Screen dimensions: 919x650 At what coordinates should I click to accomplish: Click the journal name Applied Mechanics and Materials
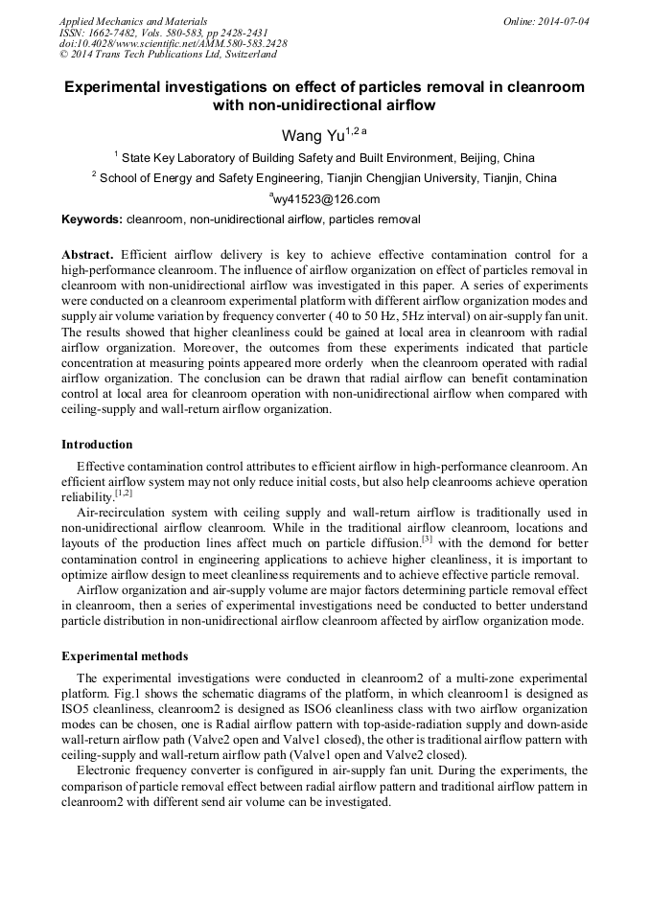coord(133,20)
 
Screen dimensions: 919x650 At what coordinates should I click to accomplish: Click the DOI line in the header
coord(173,43)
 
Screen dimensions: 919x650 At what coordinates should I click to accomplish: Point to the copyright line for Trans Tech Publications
coord(168,55)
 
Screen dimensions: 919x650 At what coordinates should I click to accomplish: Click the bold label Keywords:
coord(92,219)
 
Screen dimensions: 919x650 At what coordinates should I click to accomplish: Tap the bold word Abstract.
coord(87,254)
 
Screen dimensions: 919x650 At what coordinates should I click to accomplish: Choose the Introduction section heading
coord(97,445)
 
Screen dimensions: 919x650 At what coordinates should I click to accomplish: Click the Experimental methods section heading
coord(125,656)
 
